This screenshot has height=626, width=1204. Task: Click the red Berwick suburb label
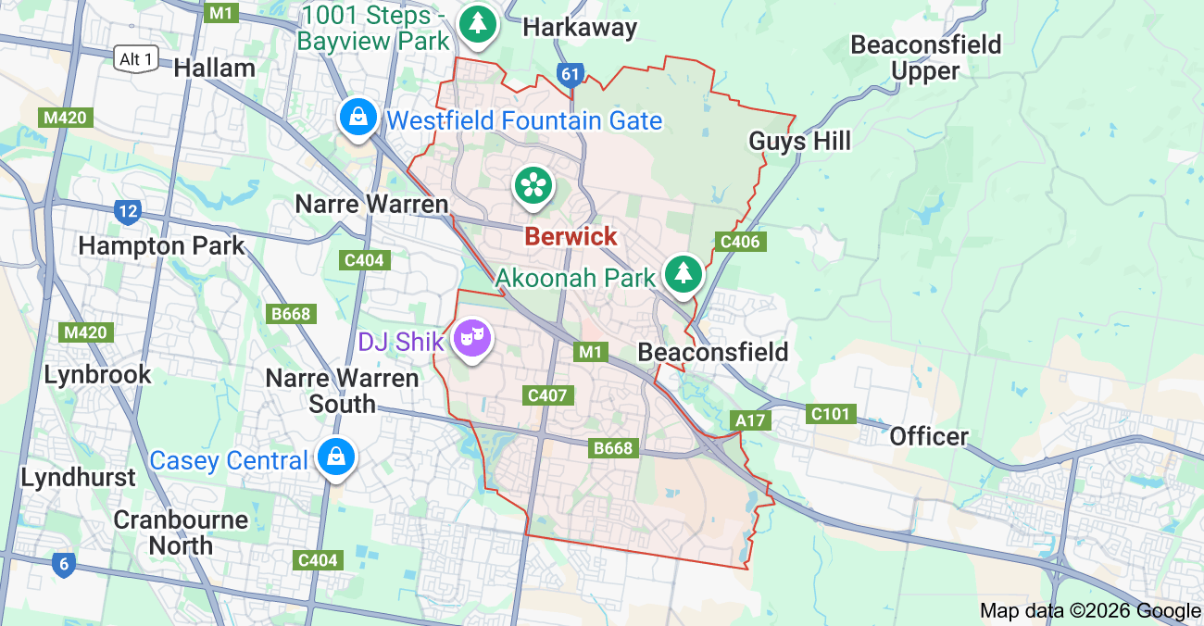571,236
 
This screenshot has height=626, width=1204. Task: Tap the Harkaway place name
580,28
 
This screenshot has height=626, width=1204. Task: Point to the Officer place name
929,436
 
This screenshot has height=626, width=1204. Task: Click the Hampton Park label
162,245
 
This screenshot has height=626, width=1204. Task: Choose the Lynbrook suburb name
98,374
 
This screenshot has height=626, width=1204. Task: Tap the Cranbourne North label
181,532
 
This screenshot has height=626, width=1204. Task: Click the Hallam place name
214,68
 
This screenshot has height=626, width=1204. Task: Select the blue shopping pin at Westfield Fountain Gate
357,118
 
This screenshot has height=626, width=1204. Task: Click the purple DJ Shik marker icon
472,339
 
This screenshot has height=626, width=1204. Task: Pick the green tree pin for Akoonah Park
684,272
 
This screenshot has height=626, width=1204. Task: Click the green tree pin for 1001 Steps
478,22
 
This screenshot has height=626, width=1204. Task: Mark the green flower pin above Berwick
533,184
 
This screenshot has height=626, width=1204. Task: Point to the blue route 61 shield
570,74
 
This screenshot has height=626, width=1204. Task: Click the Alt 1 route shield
136,59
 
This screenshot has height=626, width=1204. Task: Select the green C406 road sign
740,243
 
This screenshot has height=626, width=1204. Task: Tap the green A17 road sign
749,421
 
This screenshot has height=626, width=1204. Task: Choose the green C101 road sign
830,414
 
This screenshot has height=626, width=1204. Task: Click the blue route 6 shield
63,564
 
